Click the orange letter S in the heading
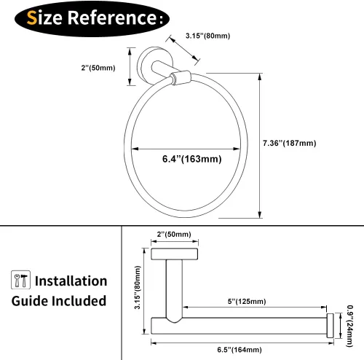[32, 18]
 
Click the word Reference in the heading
[112, 17]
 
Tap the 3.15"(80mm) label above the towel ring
[207, 36]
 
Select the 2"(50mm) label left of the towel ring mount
[98, 68]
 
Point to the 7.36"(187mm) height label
[290, 143]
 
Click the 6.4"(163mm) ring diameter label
[191, 159]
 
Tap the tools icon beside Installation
[20, 280]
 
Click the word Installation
[71, 281]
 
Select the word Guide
[31, 301]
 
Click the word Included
[79, 301]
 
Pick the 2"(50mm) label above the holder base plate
[174, 234]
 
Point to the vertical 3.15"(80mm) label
[138, 287]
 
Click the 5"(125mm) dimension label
[247, 302]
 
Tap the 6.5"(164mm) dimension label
[240, 350]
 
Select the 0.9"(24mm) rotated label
[349, 326]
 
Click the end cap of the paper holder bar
[330, 326]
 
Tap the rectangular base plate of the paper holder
[174, 254]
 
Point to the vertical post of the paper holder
[174, 290]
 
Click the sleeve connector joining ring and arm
[181, 77]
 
